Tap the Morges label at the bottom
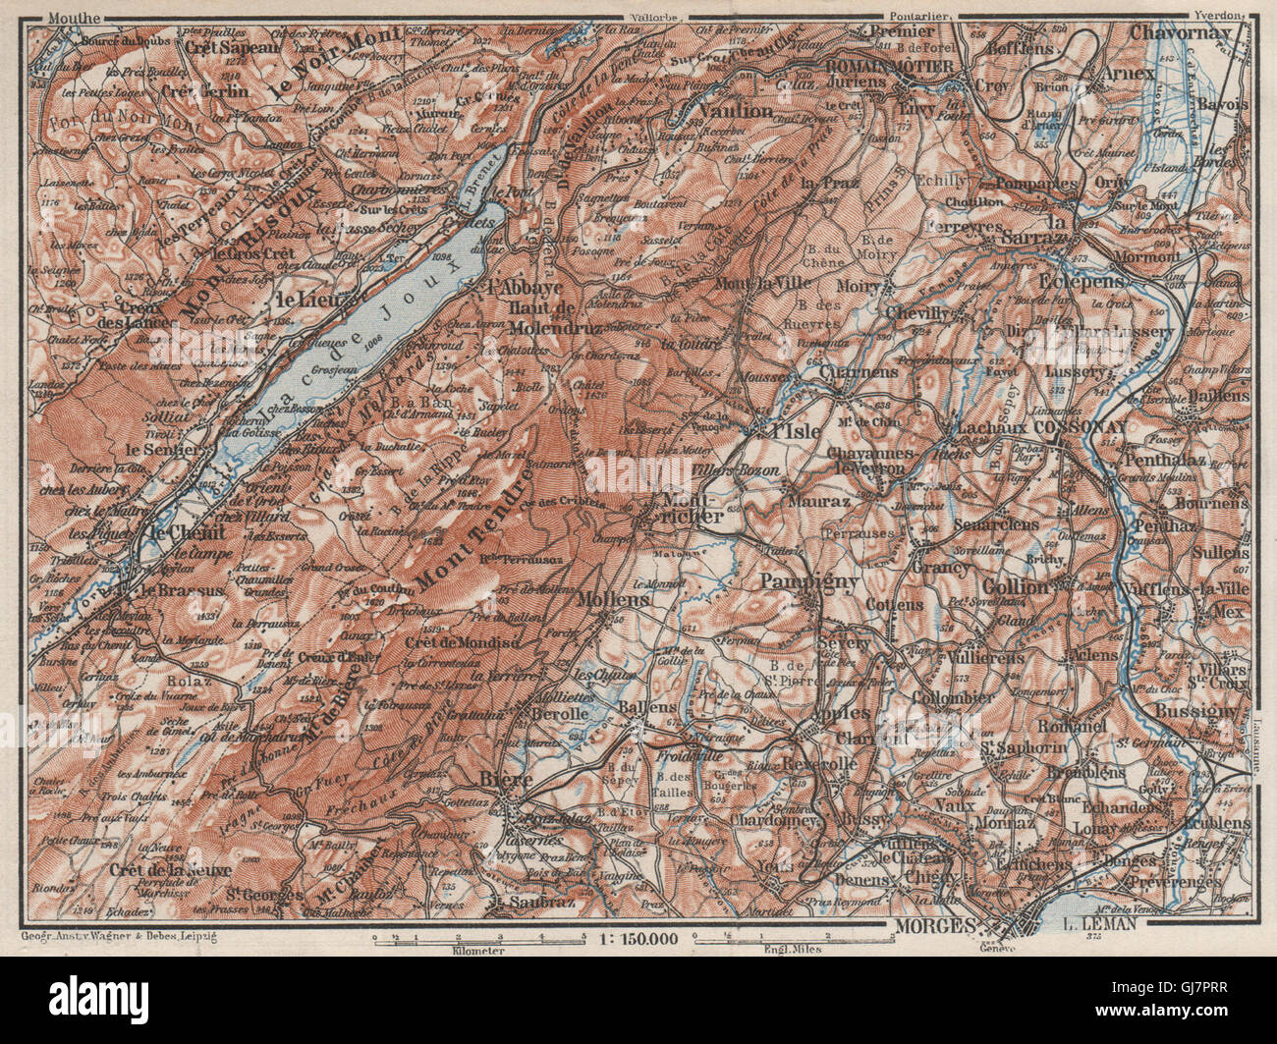click(934, 926)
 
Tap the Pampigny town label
click(824, 582)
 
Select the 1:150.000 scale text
click(638, 940)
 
